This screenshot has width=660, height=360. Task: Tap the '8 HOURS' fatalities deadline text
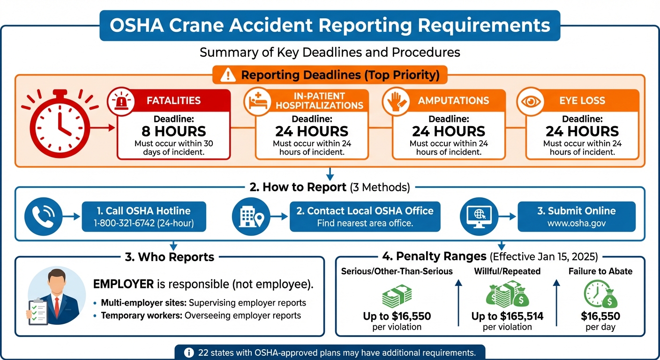[x=173, y=131]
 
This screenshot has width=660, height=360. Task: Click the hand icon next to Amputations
[x=395, y=100]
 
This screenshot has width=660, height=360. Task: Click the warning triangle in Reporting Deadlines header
[x=228, y=75]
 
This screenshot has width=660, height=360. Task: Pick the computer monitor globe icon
[x=480, y=216]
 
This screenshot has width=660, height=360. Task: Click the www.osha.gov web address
[x=577, y=224]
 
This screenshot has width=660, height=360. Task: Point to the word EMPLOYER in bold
[x=123, y=284]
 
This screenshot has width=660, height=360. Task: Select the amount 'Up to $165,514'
[x=507, y=316]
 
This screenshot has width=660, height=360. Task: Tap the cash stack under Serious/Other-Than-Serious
[x=397, y=296]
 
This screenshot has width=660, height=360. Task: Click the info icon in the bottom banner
[x=189, y=352]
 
